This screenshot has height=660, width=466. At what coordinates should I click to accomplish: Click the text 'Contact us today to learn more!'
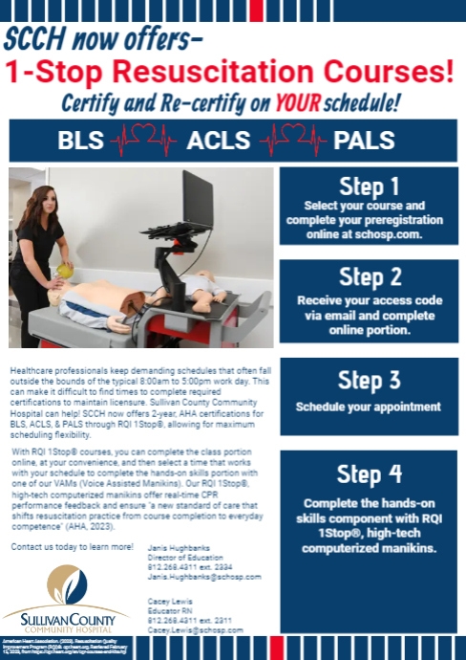(71, 546)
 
